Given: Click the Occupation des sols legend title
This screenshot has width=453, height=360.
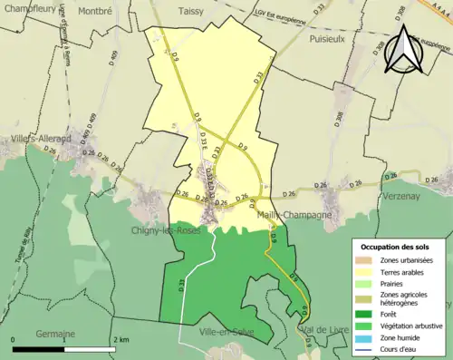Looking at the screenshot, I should click(x=396, y=247).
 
